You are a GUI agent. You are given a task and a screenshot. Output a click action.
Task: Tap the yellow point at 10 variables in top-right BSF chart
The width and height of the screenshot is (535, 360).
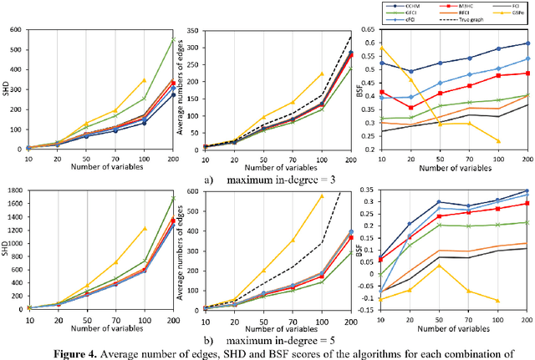pyautogui.click(x=382, y=48)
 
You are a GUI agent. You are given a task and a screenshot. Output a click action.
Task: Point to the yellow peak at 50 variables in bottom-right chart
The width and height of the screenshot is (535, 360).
pyautogui.click(x=440, y=266)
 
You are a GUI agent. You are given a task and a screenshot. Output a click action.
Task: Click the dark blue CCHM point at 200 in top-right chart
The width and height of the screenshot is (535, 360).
pyautogui.click(x=527, y=43)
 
